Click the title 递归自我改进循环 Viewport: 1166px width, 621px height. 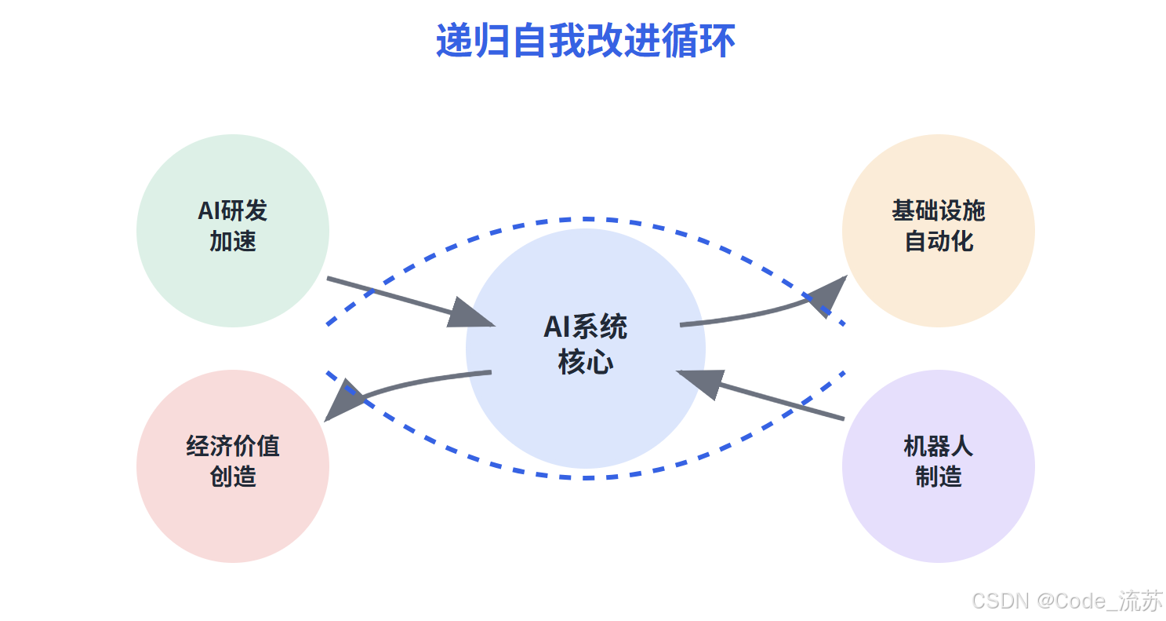click(585, 42)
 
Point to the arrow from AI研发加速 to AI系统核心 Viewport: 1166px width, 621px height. click(392, 296)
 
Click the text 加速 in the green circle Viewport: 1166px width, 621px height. click(233, 241)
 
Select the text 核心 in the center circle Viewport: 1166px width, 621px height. click(585, 363)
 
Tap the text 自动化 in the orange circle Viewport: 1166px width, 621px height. click(939, 241)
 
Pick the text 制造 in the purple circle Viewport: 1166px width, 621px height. click(939, 477)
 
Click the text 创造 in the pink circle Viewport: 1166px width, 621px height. click(233, 477)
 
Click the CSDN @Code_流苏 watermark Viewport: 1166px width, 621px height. click(1067, 601)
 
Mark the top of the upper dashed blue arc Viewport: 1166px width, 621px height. click(585, 218)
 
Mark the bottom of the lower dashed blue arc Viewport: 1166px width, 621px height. click(585, 477)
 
